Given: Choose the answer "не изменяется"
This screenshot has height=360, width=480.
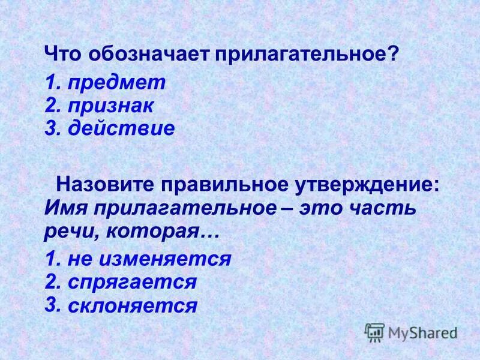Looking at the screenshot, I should pos(149,259).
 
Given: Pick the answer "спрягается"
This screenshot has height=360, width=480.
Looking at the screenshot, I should pos(133,281).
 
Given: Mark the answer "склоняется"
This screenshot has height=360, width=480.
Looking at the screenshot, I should pos(133,306).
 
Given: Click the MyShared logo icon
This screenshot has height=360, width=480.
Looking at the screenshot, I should pos(375,331).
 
